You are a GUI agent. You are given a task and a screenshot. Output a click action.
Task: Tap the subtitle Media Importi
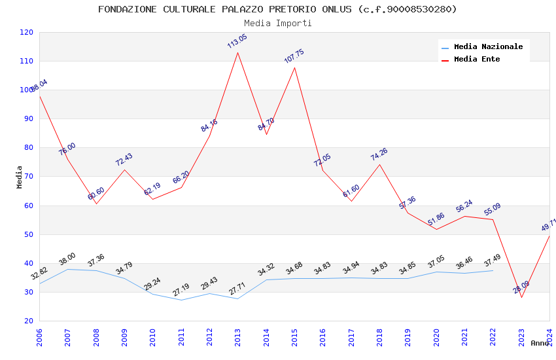(x=277, y=23)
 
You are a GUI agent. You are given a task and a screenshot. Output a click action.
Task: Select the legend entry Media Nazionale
(x=488, y=46)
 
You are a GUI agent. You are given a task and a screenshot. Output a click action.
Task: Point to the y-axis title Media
(x=20, y=177)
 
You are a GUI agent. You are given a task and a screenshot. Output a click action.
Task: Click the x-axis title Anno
(x=540, y=343)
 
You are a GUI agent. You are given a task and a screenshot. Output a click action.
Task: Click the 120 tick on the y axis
(x=27, y=32)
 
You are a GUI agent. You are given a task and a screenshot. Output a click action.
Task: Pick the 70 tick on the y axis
(x=29, y=177)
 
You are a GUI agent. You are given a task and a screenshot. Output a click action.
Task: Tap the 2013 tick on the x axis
(x=237, y=337)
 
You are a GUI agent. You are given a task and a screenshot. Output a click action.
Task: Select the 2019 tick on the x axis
(x=408, y=337)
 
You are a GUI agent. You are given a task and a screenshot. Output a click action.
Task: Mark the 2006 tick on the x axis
(x=39, y=337)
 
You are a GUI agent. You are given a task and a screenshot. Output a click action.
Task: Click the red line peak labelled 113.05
(x=237, y=52)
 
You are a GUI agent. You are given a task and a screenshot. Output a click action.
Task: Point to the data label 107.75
(x=294, y=56)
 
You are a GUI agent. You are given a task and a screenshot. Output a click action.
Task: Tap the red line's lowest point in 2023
(x=521, y=297)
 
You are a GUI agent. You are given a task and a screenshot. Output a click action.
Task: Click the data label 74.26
(x=379, y=154)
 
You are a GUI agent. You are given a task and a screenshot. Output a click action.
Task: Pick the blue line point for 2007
(x=67, y=269)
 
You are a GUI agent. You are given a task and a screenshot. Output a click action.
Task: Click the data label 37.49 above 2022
(x=492, y=261)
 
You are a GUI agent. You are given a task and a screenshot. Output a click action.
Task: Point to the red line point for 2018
(x=379, y=164)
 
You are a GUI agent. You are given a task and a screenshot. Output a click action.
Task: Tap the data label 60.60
(x=96, y=194)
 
